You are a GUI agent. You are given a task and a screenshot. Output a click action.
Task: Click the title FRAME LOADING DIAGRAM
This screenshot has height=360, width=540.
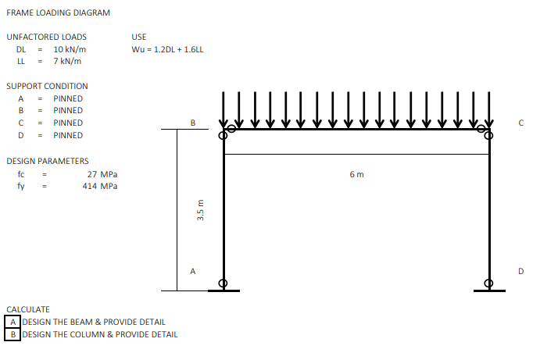click(x=59, y=13)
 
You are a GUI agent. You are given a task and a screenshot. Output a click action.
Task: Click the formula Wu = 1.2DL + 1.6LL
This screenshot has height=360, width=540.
click(x=168, y=49)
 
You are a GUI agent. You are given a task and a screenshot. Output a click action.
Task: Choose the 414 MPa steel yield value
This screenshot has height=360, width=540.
click(x=100, y=186)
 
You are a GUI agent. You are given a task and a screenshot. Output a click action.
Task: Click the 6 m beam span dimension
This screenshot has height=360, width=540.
click(x=357, y=173)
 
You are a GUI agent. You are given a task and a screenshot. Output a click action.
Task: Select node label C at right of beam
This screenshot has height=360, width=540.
click(x=520, y=123)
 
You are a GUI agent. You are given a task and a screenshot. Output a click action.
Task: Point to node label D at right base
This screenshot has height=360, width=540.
click(x=520, y=271)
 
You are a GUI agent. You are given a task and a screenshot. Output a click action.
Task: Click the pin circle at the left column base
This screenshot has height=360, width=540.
click(x=224, y=283)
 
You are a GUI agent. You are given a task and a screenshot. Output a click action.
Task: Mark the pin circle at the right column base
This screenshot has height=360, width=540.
click(x=489, y=283)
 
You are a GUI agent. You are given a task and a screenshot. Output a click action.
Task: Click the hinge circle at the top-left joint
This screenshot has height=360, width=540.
click(x=224, y=135)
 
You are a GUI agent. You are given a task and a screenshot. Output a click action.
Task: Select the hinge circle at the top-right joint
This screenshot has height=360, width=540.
click(x=489, y=135)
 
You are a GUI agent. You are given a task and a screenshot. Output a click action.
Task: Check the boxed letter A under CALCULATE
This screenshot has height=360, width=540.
click(x=13, y=322)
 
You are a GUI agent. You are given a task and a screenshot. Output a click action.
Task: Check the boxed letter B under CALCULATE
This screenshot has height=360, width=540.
click(x=13, y=334)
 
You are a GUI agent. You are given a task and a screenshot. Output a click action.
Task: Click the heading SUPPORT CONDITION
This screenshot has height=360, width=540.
click(x=47, y=86)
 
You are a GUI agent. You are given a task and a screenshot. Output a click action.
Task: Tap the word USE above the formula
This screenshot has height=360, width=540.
click(x=139, y=37)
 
